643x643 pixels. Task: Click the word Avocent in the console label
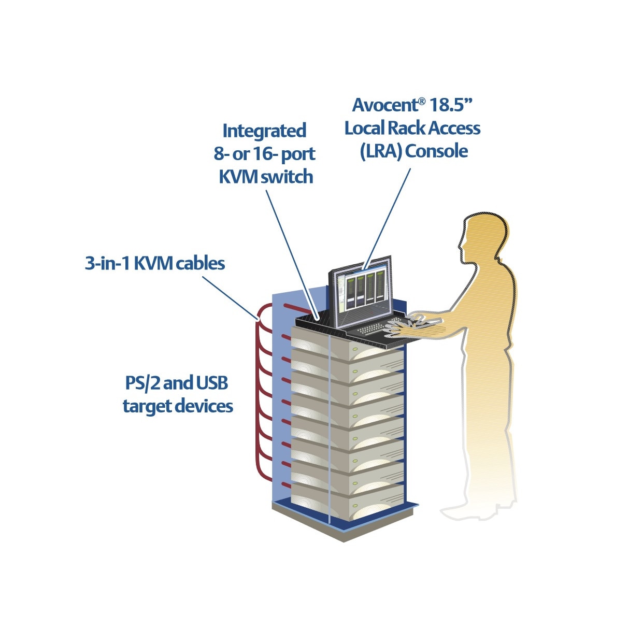tap(385, 105)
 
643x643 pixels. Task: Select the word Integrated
tap(264, 131)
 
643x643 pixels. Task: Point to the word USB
tap(212, 383)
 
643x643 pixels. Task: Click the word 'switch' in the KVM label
tap(287, 177)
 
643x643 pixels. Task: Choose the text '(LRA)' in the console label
tap(381, 151)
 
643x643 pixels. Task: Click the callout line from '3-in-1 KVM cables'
tap(228, 295)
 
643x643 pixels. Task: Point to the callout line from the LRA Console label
tap(388, 218)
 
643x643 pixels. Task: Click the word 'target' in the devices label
tap(147, 406)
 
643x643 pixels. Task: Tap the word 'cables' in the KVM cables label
tap(200, 263)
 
